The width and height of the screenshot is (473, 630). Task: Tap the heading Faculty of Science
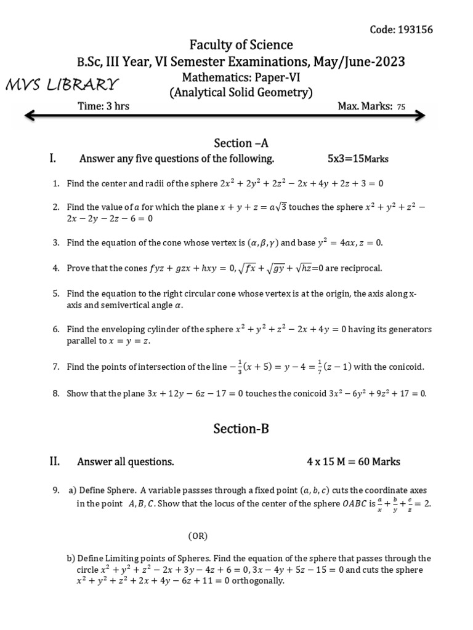click(241, 45)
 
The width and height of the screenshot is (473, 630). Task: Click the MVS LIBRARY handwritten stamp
click(62, 84)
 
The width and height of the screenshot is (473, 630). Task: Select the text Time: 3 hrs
click(103, 106)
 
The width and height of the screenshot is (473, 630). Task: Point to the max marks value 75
click(401, 107)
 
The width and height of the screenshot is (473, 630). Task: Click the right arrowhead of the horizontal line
click(419, 115)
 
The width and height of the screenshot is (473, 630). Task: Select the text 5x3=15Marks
click(358, 159)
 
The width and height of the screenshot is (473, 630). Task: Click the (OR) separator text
click(198, 536)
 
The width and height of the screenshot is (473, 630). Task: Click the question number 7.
click(55, 367)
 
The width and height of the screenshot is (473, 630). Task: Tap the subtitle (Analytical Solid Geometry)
click(241, 93)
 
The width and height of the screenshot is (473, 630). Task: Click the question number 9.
click(55, 490)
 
